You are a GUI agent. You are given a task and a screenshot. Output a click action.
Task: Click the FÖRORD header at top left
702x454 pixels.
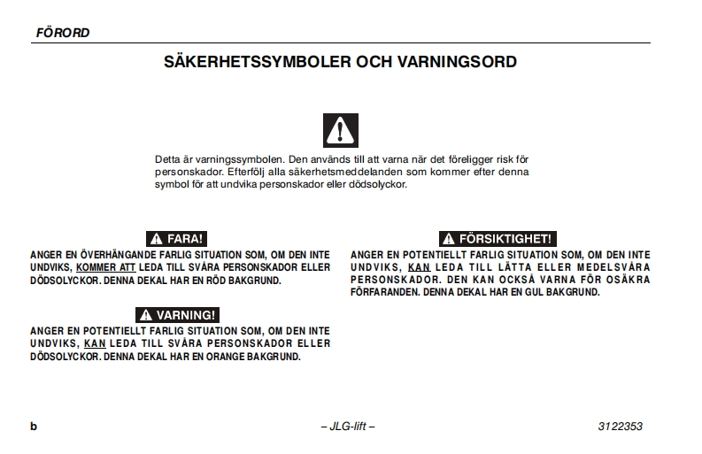pyautogui.click(x=62, y=33)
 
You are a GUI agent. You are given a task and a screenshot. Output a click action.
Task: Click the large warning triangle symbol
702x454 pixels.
pyautogui.click(x=341, y=130)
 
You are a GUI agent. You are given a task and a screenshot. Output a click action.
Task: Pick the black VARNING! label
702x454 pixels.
pyautogui.click(x=177, y=315)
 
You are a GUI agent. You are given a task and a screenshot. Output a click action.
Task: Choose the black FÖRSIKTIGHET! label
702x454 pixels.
pyautogui.click(x=498, y=239)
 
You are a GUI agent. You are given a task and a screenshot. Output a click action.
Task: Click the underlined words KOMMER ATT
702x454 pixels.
pyautogui.click(x=105, y=267)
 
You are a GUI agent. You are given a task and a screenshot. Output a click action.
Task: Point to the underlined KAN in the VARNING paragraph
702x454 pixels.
pyautogui.click(x=94, y=343)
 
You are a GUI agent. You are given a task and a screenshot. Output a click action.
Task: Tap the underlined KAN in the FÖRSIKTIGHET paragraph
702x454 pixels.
pyautogui.click(x=418, y=267)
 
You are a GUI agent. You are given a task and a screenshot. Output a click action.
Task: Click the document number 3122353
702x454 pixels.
pyautogui.click(x=620, y=427)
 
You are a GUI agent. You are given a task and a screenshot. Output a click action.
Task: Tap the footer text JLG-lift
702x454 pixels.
pyautogui.click(x=348, y=427)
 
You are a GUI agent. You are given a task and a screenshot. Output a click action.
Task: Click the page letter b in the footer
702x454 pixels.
pyautogui.click(x=34, y=427)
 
